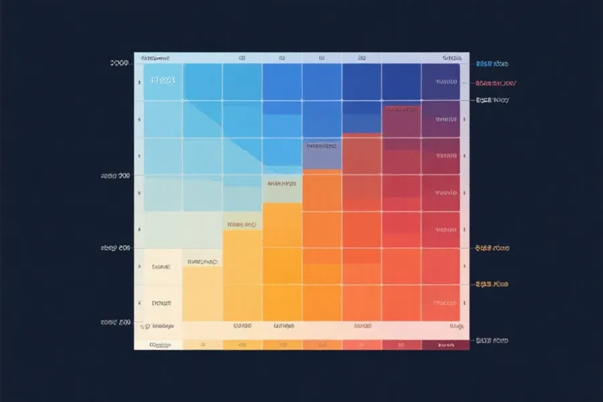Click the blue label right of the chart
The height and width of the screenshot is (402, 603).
pyautogui.click(x=492, y=64)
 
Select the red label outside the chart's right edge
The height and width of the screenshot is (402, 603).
pyautogui.click(x=495, y=84)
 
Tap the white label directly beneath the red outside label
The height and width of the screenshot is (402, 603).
pyautogui.click(x=492, y=100)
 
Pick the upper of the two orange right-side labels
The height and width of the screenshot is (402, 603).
pyautogui.click(x=492, y=248)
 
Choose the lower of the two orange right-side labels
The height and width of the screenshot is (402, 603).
pyautogui.click(x=492, y=285)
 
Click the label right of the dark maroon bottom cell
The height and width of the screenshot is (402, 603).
pyautogui.click(x=492, y=341)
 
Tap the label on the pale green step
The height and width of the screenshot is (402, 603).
pyautogui.click(x=281, y=183)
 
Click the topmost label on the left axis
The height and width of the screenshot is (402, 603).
pyautogui.click(x=119, y=63)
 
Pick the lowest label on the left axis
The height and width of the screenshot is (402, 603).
pyautogui.click(x=115, y=322)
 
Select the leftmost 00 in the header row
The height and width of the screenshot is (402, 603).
pyautogui.click(x=242, y=59)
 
